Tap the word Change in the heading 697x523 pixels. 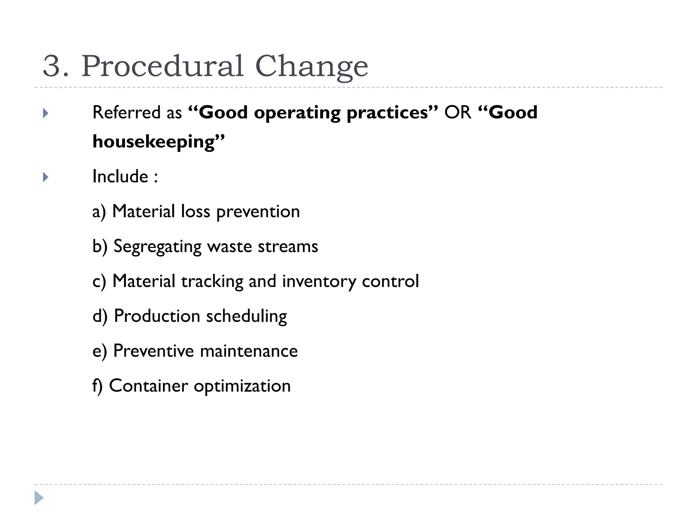(311, 67)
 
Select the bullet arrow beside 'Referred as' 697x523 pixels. (46, 113)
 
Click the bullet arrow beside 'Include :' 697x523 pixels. (46, 177)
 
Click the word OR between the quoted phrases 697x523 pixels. (457, 112)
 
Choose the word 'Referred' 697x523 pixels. (126, 112)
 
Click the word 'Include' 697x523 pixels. (120, 176)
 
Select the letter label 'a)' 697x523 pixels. (99, 212)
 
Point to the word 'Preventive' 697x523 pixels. (153, 351)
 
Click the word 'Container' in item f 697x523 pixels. (148, 386)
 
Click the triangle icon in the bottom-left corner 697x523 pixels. (39, 498)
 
